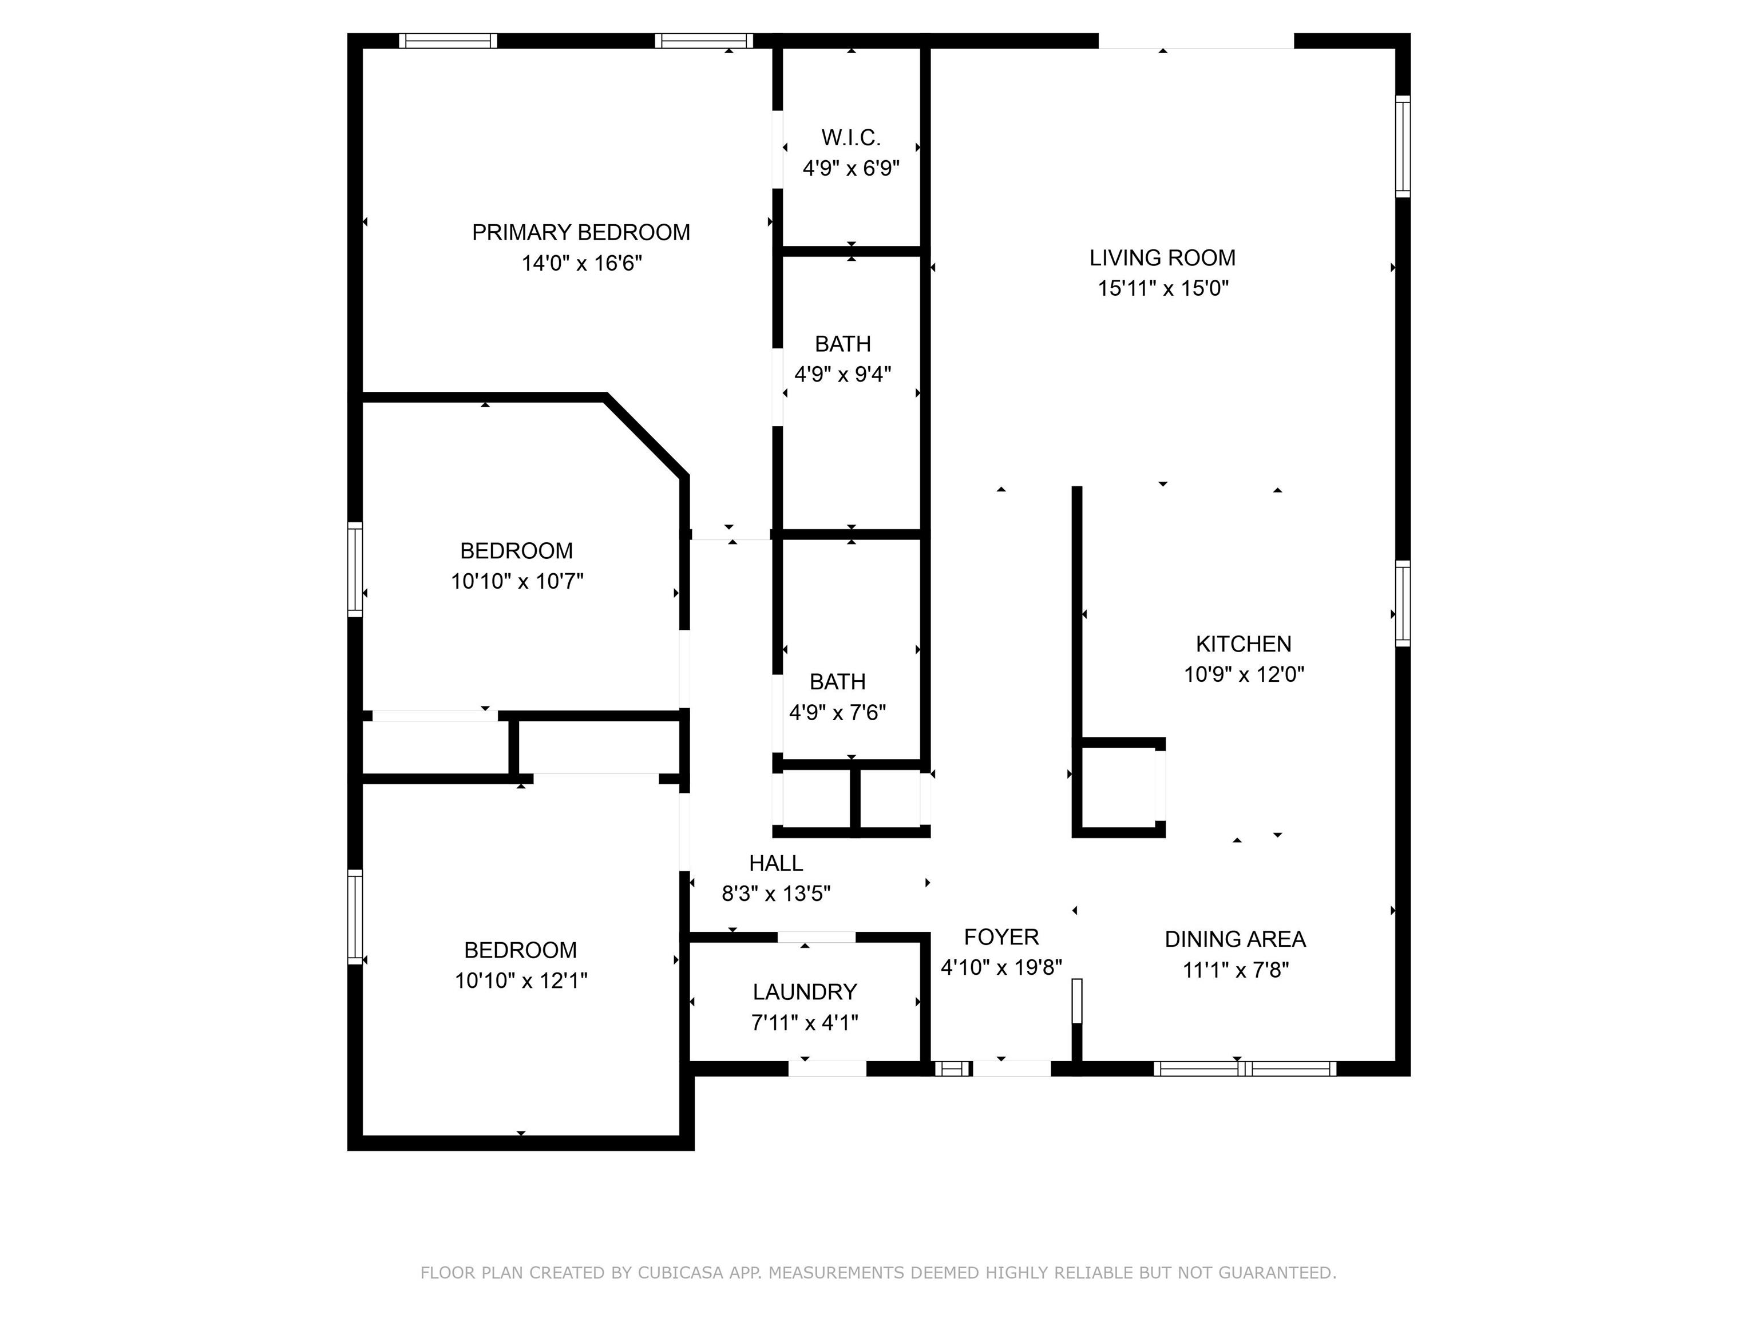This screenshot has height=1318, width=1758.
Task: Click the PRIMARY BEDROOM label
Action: click(581, 233)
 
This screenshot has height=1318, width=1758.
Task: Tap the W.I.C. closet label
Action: click(851, 138)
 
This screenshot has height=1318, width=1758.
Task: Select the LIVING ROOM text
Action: click(1163, 258)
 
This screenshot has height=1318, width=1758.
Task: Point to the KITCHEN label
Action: click(1244, 644)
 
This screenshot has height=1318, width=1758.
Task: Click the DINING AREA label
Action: click(1235, 939)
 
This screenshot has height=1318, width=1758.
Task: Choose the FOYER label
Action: click(1001, 938)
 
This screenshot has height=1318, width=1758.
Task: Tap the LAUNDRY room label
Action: click(805, 993)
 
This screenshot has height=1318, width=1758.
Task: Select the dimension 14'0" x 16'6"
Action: click(582, 263)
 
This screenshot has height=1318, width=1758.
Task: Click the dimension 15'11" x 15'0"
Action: click(1163, 288)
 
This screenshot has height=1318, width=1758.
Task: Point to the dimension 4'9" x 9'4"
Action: click(844, 374)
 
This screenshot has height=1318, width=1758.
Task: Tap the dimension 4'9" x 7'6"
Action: click(838, 713)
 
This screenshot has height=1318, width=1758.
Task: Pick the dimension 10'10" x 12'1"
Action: click(521, 981)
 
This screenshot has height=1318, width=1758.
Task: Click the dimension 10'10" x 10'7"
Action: click(517, 582)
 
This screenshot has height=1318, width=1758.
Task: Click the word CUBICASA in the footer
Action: click(680, 1273)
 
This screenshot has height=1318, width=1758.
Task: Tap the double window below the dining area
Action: click(1245, 1069)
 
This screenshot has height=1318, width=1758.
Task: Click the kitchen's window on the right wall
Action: click(1404, 603)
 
